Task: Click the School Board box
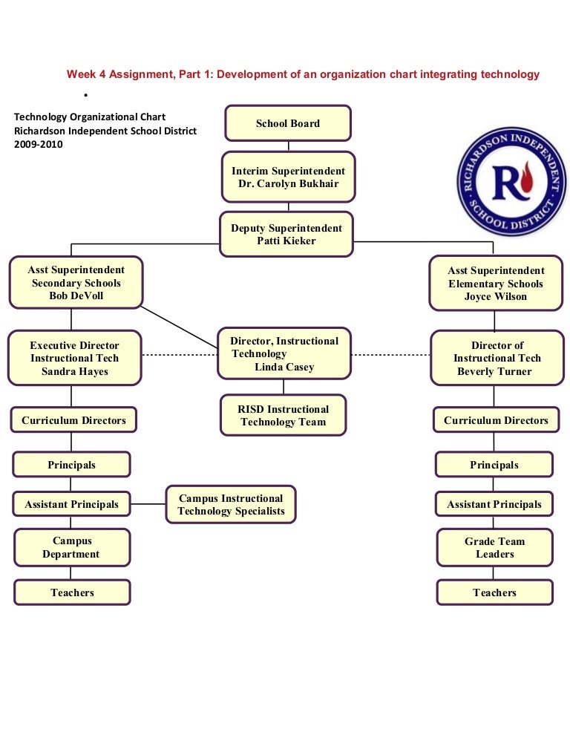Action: click(x=287, y=123)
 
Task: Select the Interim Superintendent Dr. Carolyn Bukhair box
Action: click(x=287, y=177)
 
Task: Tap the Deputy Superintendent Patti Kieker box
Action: click(x=286, y=235)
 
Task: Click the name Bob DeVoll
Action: click(x=76, y=296)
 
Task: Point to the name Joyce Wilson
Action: click(x=496, y=297)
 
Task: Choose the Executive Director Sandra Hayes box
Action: click(x=74, y=358)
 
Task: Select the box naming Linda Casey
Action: click(x=284, y=353)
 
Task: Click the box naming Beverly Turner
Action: click(x=497, y=358)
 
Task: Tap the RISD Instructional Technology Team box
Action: click(x=283, y=416)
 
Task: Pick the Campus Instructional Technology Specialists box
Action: click(x=231, y=505)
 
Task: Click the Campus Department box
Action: click(x=71, y=548)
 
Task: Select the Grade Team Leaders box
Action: click(x=494, y=548)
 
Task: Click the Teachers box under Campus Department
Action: click(x=73, y=592)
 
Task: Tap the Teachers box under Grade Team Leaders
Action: click(x=494, y=592)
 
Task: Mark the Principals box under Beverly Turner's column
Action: click(x=494, y=465)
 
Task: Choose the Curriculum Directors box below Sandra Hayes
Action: click(x=73, y=420)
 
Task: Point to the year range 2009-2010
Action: click(x=39, y=145)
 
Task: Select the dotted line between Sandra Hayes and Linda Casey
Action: click(x=179, y=355)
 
